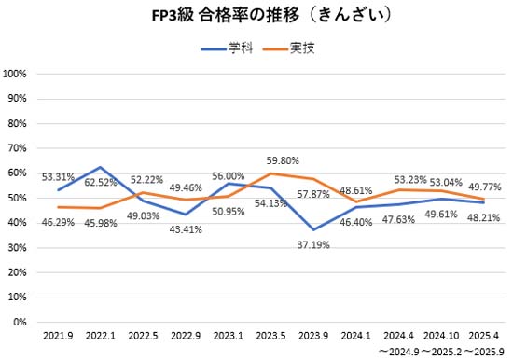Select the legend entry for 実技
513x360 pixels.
(291, 48)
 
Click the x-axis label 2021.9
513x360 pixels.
(58, 333)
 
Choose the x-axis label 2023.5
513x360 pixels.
(271, 333)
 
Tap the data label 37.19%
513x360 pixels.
(313, 244)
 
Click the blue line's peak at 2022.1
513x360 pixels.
(100, 167)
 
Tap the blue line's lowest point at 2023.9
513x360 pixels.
(314, 229)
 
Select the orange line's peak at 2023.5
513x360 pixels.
(271, 173)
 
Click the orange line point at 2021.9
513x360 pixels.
(58, 207)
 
